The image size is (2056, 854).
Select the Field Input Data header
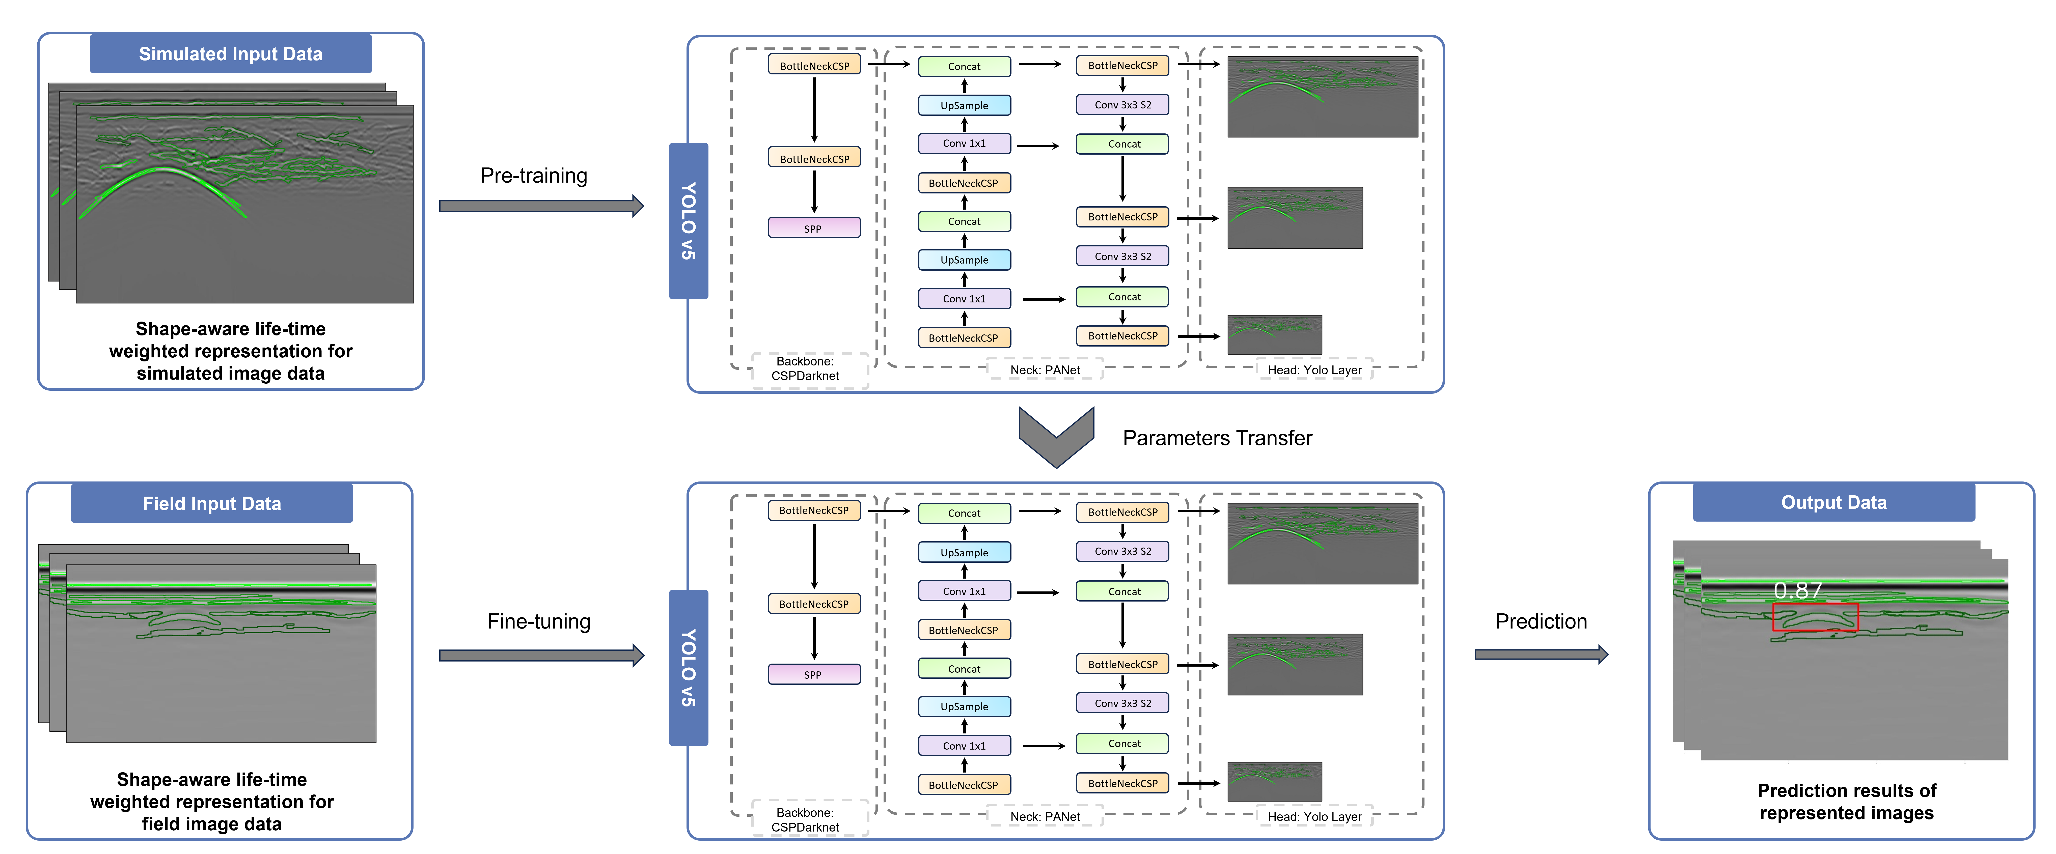[211, 503]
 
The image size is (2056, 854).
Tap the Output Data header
[1833, 502]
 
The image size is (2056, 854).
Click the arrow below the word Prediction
[1540, 654]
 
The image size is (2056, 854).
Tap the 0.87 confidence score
[1797, 591]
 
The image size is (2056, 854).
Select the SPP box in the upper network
[813, 228]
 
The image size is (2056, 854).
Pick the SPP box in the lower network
[813, 674]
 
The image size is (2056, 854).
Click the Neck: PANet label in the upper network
[1045, 369]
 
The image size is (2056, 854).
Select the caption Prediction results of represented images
[1846, 801]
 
